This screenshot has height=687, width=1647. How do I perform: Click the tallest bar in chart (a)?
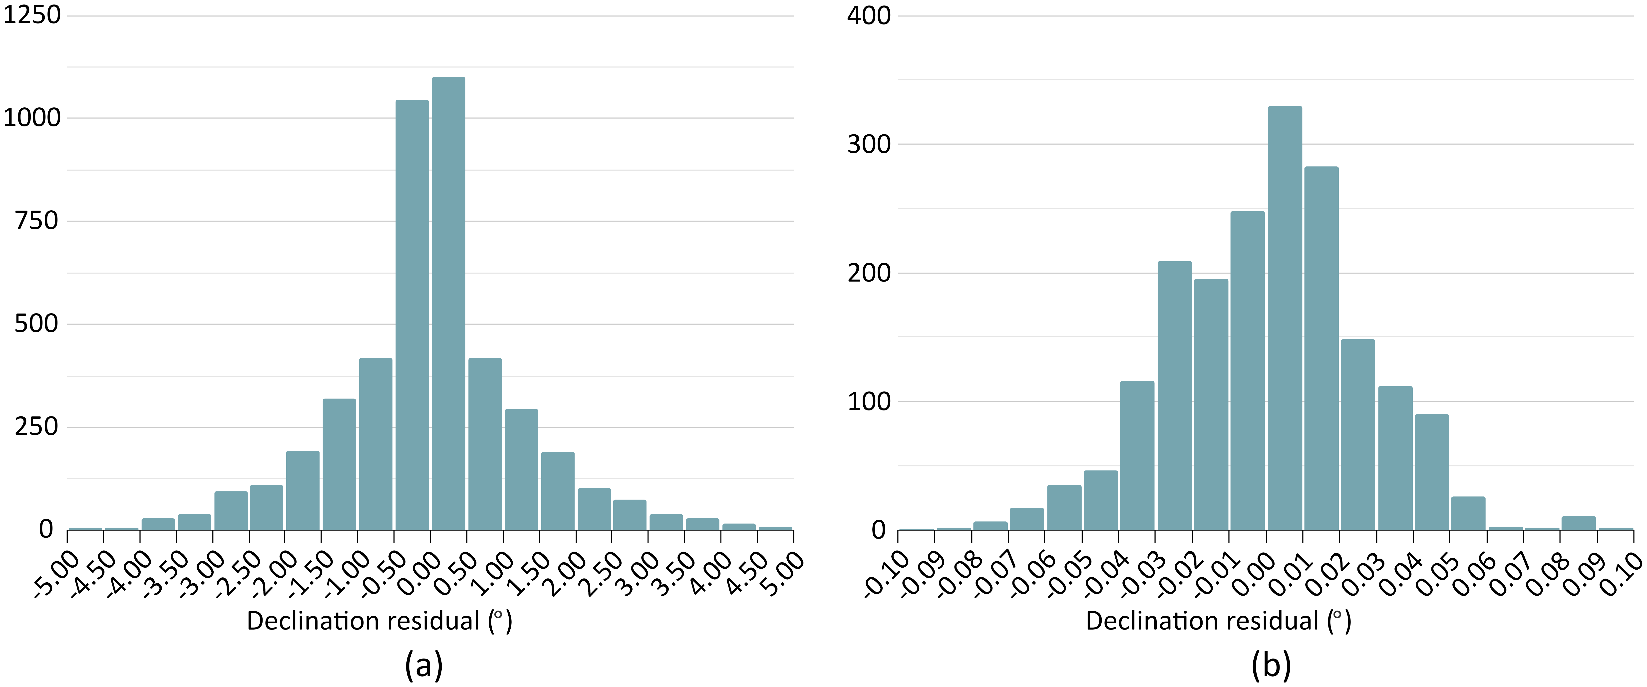448,304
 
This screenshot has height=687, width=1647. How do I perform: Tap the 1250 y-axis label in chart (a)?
32,15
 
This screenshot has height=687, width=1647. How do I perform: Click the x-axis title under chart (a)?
379,621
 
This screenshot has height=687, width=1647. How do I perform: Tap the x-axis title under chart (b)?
1218,621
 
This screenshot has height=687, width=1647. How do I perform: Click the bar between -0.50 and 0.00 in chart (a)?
412,315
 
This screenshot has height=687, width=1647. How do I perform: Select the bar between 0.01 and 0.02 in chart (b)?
1321,348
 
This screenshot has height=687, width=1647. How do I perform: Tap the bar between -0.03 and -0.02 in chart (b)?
1175,395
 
